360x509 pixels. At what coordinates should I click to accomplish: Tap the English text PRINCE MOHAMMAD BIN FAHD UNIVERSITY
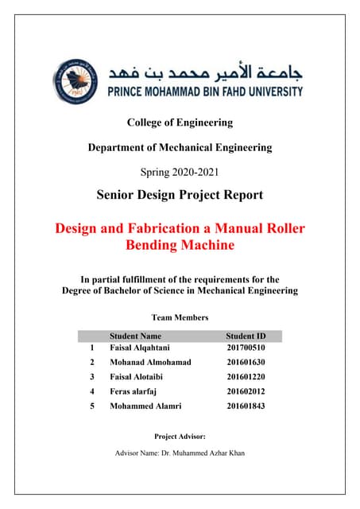coord(203,91)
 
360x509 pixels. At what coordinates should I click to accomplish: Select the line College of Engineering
coord(180,122)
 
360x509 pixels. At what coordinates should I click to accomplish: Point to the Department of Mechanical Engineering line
coord(180,147)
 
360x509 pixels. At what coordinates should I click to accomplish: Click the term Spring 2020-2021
coord(180,172)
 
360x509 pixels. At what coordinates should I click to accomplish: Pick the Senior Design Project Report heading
coord(180,195)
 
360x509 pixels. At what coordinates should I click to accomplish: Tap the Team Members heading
coord(180,317)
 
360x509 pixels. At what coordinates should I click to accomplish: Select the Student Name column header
coord(135,336)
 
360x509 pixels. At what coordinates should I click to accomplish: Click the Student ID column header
coord(246,336)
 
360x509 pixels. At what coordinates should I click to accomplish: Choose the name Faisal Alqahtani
coord(140,348)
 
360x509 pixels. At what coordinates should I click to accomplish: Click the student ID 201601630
coord(246,362)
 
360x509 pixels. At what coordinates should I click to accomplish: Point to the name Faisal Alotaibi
coord(137,376)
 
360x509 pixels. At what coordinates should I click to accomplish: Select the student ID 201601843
coord(246,406)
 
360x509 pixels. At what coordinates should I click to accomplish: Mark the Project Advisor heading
coord(180,436)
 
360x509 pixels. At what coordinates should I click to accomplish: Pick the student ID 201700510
coord(246,348)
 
